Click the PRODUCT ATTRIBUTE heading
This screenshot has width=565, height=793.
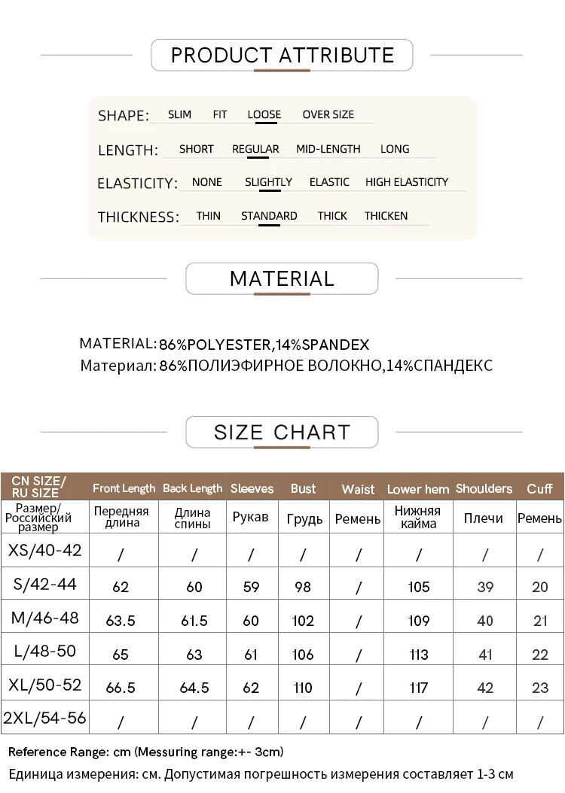click(x=282, y=55)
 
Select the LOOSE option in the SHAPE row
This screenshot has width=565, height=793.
click(x=264, y=114)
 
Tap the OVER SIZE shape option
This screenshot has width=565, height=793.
click(x=328, y=114)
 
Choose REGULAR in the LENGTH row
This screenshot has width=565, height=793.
click(x=255, y=149)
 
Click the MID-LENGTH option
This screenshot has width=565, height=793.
click(x=328, y=149)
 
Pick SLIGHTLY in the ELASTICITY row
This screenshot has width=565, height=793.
click(x=268, y=182)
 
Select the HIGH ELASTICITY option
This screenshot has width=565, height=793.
click(x=406, y=182)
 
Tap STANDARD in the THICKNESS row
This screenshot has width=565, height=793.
click(x=269, y=216)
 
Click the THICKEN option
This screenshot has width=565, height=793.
click(x=386, y=216)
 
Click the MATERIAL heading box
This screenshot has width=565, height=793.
click(x=282, y=278)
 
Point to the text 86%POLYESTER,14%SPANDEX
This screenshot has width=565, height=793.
click(x=264, y=345)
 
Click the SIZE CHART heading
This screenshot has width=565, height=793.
click(x=282, y=433)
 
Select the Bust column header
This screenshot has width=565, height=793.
click(x=303, y=488)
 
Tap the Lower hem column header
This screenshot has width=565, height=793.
click(x=418, y=489)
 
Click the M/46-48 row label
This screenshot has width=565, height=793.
click(x=44, y=618)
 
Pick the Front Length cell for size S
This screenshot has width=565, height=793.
click(x=121, y=587)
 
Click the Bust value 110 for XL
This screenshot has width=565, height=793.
click(x=303, y=688)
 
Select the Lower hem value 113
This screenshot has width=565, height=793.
click(x=418, y=655)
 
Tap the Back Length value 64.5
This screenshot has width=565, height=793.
click(x=194, y=688)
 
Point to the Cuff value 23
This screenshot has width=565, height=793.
click(x=540, y=688)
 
